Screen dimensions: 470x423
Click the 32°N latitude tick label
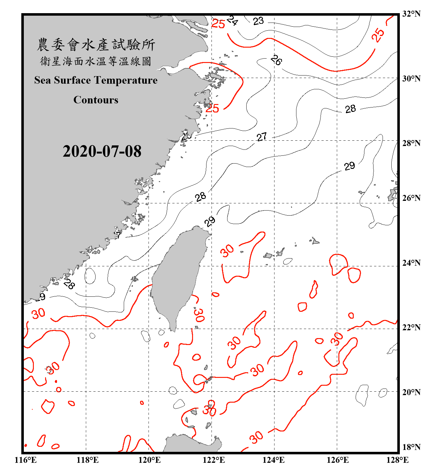[411, 14]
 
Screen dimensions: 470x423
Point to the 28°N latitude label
[411, 143]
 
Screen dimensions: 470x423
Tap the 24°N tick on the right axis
[411, 263]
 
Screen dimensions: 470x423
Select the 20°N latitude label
[411, 392]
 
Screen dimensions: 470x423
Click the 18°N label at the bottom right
[411, 447]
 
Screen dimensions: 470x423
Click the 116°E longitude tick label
[25, 460]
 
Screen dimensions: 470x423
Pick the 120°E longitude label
[149, 460]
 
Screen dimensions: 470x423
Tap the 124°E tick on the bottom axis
[274, 460]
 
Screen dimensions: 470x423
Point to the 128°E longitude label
[397, 460]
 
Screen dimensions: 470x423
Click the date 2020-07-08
[102, 151]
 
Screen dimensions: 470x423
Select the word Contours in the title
[96, 100]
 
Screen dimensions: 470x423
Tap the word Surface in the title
[72, 80]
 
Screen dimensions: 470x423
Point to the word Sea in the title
[43, 80]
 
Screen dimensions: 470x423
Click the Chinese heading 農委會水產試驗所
[96, 44]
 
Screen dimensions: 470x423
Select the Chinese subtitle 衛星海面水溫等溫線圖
[96, 61]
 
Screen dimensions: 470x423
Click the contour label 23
[258, 21]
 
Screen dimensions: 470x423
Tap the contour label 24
[232, 20]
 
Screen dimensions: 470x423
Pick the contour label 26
[276, 60]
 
